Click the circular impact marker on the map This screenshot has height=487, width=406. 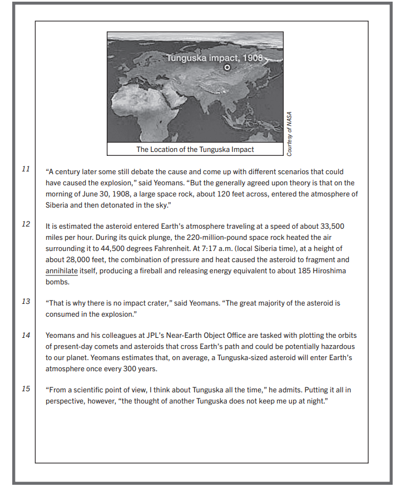226,67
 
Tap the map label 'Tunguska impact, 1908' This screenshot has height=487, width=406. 214,58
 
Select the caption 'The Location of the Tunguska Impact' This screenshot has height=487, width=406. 195,149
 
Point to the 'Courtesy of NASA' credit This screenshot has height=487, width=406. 289,134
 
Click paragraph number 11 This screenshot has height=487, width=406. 26,169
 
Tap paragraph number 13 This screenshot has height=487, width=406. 26,301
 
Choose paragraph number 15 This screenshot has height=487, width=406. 26,388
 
